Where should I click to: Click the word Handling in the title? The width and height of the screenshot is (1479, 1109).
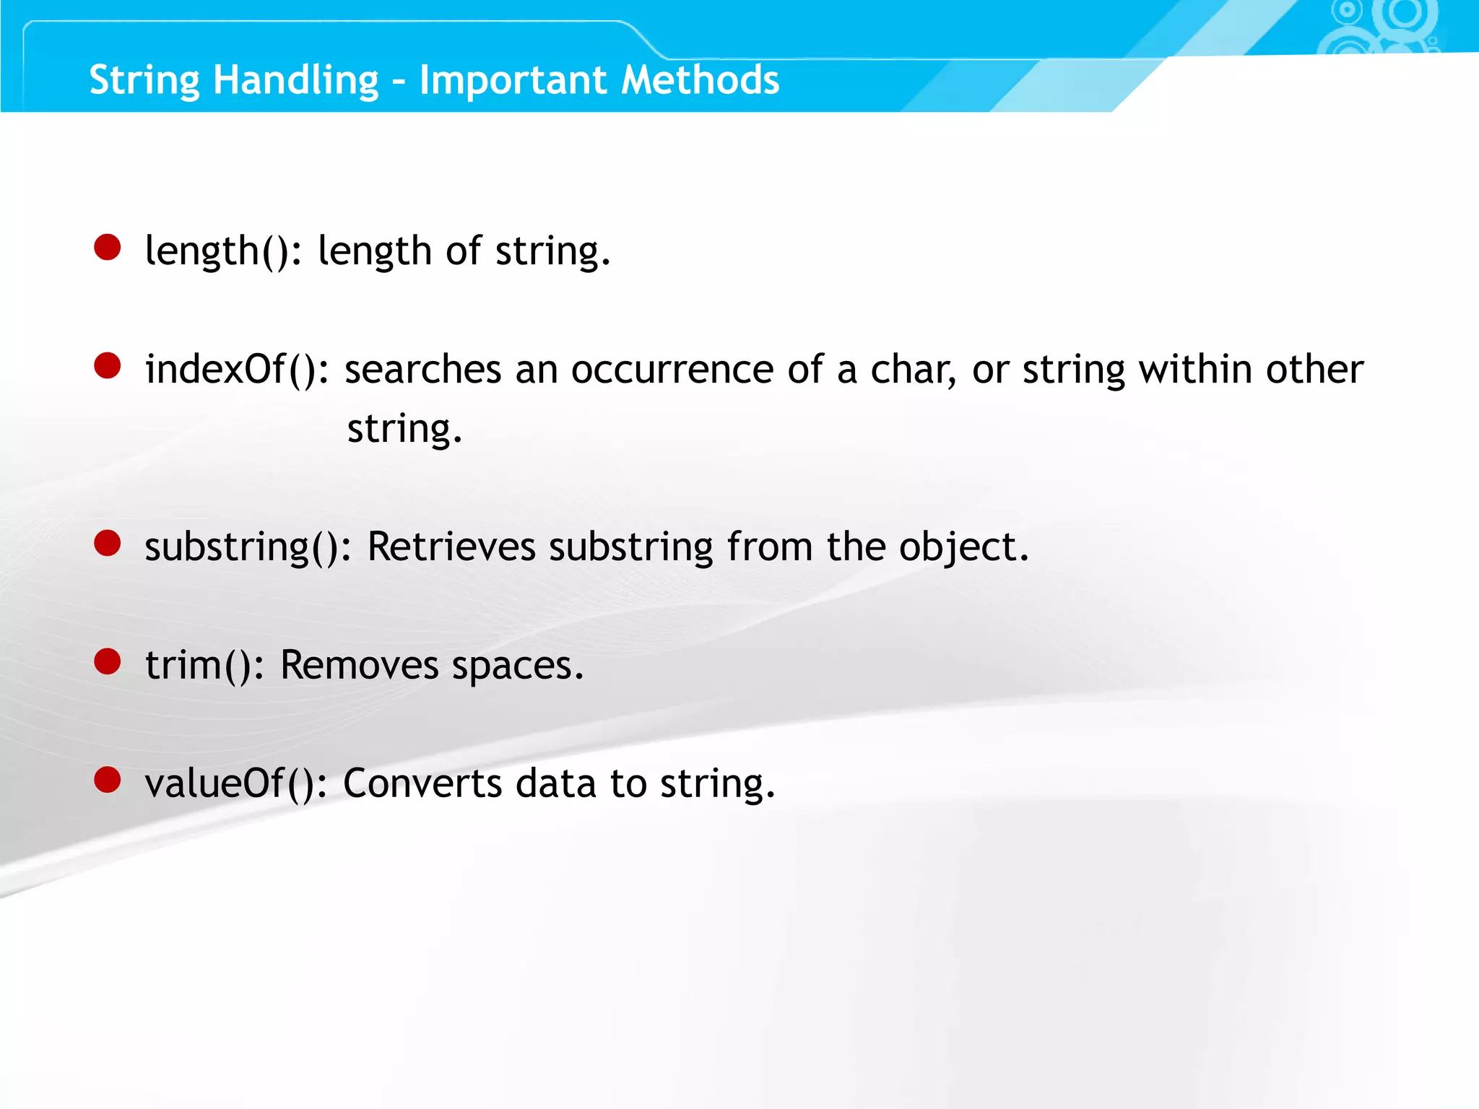click(295, 81)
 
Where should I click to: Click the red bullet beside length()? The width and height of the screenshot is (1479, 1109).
click(108, 247)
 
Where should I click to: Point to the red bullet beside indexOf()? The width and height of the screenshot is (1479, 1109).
click(108, 365)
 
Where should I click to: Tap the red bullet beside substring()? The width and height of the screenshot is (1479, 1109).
click(108, 543)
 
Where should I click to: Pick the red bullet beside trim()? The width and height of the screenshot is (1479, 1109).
click(108, 661)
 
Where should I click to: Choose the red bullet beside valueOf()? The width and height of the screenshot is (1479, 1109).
click(108, 780)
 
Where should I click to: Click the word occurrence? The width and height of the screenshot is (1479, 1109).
click(672, 370)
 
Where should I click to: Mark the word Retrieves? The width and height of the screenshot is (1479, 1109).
click(451, 547)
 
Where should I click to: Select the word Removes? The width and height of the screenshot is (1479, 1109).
click(359, 665)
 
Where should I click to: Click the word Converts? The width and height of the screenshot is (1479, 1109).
click(422, 783)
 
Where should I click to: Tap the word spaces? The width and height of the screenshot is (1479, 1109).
click(517, 666)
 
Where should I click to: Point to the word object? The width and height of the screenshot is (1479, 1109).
click(963, 548)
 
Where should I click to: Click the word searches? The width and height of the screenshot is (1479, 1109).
click(422, 370)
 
